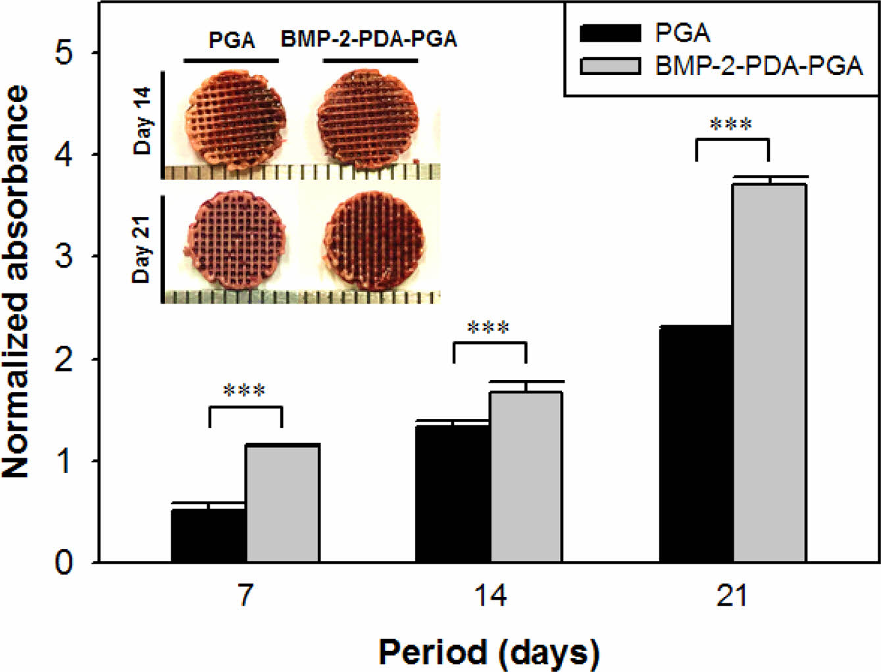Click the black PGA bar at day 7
point(209,535)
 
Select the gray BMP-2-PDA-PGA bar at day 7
point(283,504)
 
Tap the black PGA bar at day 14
point(453,493)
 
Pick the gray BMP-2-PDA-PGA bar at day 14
point(526,477)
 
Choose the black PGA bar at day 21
point(696,444)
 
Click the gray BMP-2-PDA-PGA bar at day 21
point(770,373)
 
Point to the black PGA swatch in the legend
point(609,33)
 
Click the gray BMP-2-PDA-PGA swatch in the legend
point(609,66)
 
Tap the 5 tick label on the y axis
point(64,53)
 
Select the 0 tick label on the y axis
point(64,563)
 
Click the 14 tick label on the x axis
point(490,596)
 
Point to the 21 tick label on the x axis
point(732,596)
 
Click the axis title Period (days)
point(489,652)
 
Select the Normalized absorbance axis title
point(16,281)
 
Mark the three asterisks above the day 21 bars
point(732,124)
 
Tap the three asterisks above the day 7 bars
point(245,391)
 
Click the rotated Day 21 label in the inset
point(142,249)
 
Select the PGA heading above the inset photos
point(232,40)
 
